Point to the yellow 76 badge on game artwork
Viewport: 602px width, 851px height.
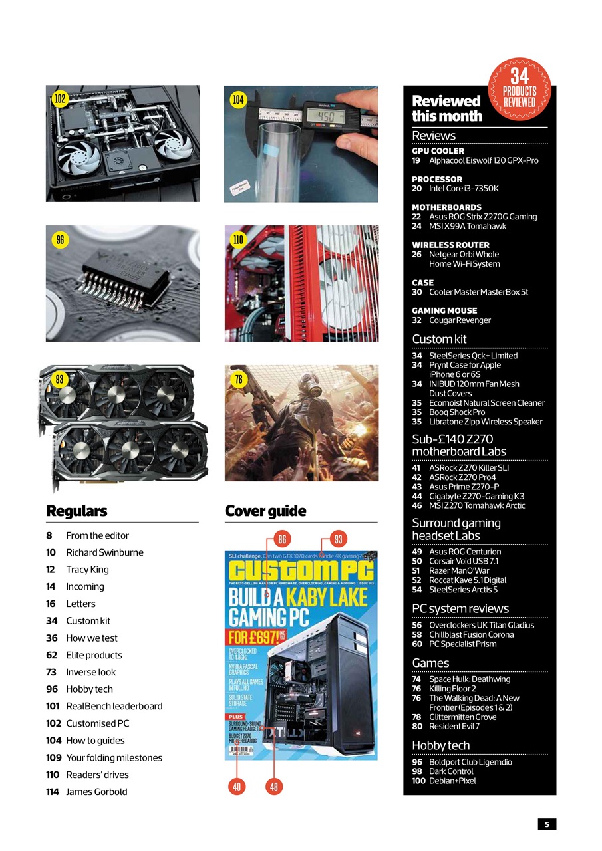[239, 379]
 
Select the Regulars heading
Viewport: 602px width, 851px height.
[76, 511]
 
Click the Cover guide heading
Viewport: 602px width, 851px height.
[265, 511]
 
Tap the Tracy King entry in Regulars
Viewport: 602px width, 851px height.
[87, 569]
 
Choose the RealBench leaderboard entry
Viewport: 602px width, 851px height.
[114, 706]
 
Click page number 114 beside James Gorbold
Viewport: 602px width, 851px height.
[53, 791]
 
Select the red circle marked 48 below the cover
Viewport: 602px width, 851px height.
[274, 787]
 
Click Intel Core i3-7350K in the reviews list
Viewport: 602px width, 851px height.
[464, 188]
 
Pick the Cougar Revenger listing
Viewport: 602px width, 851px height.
[460, 320]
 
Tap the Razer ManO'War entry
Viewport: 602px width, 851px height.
[459, 570]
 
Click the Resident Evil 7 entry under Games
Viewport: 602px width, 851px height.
[454, 726]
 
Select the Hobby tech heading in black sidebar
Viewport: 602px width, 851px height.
[440, 745]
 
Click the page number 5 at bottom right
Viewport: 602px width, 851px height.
[547, 824]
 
